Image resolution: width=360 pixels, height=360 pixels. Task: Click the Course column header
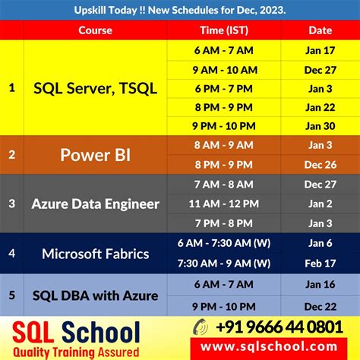pyautogui.click(x=95, y=30)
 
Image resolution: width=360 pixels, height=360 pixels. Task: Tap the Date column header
pyautogui.click(x=319, y=30)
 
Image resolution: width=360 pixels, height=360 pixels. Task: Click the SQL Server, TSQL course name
pyautogui.click(x=95, y=88)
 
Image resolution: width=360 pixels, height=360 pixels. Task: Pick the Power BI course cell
pyautogui.click(x=95, y=155)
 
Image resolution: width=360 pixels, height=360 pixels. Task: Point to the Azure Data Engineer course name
pyautogui.click(x=95, y=204)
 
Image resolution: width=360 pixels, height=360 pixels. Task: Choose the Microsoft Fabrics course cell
pyautogui.click(x=95, y=253)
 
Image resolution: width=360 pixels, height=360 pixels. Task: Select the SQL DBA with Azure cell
pyautogui.click(x=95, y=295)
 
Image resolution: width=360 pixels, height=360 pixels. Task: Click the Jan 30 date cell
pyautogui.click(x=319, y=125)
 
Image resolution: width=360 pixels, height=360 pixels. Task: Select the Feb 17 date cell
pyautogui.click(x=319, y=263)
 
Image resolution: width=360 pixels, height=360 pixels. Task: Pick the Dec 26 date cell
pyautogui.click(x=319, y=164)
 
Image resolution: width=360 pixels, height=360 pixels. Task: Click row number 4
pyautogui.click(x=11, y=253)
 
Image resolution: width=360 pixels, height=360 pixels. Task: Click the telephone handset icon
pyautogui.click(x=199, y=327)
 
